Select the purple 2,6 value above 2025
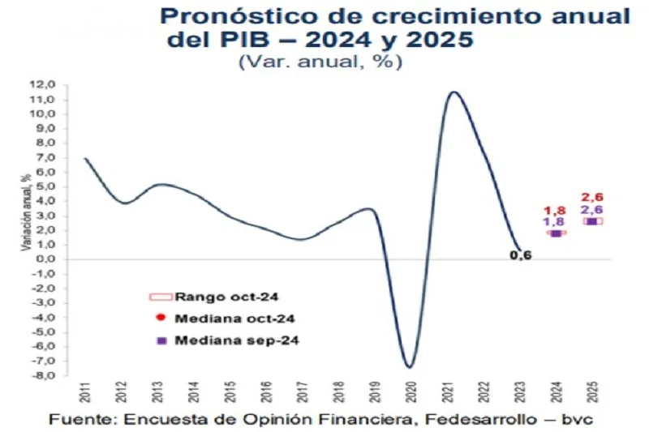coord(591,210)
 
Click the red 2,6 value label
coord(592,197)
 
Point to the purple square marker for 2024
coord(556,233)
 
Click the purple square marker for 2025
coord(591,221)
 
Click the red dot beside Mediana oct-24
coord(161,319)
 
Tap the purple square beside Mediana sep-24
coord(161,340)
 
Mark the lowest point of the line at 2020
coord(410,367)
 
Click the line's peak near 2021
coord(453,92)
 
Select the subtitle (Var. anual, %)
coord(320,62)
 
